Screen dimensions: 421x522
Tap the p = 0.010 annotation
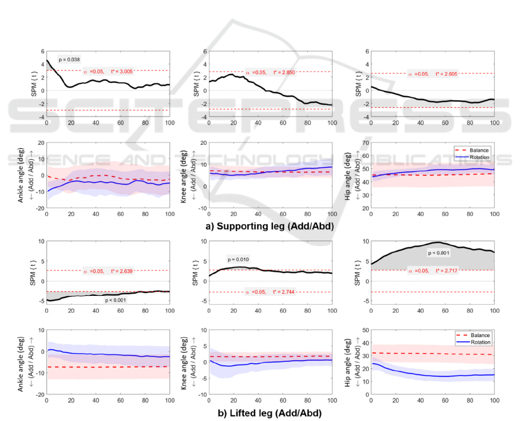[x=239, y=260]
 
